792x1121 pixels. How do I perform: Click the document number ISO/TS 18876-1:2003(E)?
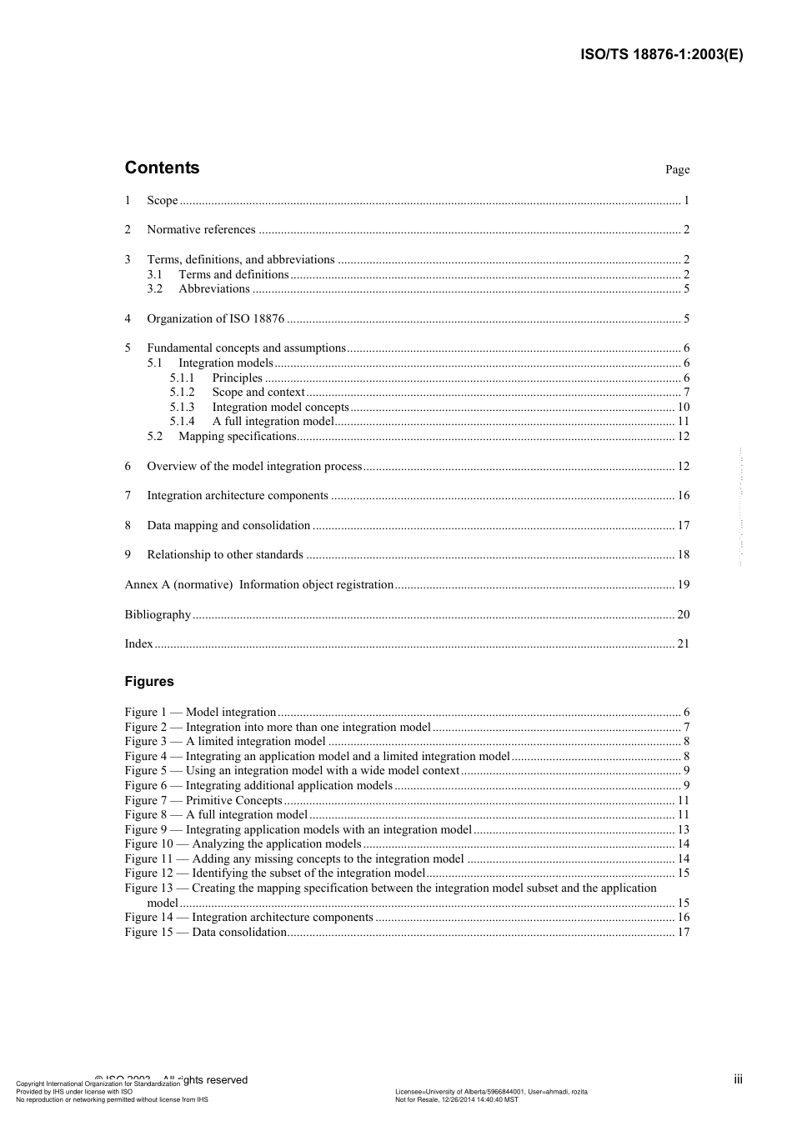(661, 55)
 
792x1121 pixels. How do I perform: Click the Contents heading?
(162, 168)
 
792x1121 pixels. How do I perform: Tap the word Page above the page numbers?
(677, 170)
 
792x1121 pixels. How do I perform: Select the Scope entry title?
(163, 200)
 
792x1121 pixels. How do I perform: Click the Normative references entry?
(201, 230)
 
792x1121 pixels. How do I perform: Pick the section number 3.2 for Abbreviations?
(155, 289)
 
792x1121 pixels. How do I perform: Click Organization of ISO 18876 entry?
(215, 319)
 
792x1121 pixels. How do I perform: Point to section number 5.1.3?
(182, 408)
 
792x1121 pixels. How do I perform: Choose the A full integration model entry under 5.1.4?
(273, 422)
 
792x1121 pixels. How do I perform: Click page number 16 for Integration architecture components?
(683, 496)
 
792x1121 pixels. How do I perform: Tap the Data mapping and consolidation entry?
(228, 526)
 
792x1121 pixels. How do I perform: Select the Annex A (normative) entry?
(258, 585)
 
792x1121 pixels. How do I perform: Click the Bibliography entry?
(158, 615)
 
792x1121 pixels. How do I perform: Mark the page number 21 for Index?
(683, 644)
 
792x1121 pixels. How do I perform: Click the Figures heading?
(149, 682)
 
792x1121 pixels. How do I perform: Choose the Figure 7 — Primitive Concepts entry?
(203, 801)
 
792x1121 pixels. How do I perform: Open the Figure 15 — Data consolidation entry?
(206, 933)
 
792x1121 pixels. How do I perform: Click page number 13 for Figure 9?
(683, 830)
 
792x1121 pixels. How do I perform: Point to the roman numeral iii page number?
(738, 1079)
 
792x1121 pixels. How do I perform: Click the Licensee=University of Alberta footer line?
(490, 1092)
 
